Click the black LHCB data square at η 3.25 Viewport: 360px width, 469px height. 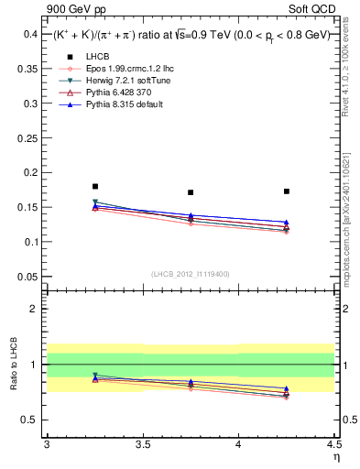[95, 186]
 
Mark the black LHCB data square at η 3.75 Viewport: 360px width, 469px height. [191, 192]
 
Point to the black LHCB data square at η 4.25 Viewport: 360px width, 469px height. [287, 191]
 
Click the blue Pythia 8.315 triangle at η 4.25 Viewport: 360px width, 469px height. [287, 223]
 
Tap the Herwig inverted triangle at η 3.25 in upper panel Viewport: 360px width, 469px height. [95, 202]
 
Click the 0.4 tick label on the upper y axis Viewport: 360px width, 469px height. [30, 34]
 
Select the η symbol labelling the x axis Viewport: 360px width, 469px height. [335, 455]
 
